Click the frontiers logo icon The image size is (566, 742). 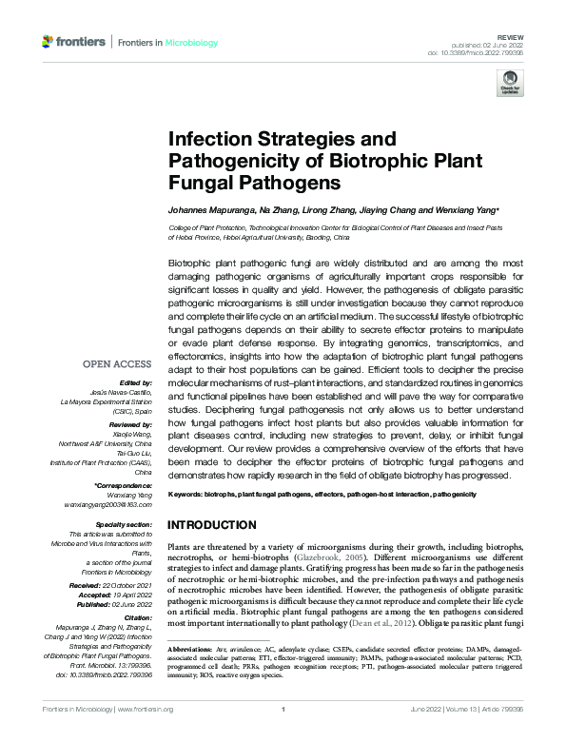point(49,42)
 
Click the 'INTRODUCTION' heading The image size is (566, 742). point(218,524)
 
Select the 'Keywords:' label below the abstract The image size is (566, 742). point(186,496)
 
